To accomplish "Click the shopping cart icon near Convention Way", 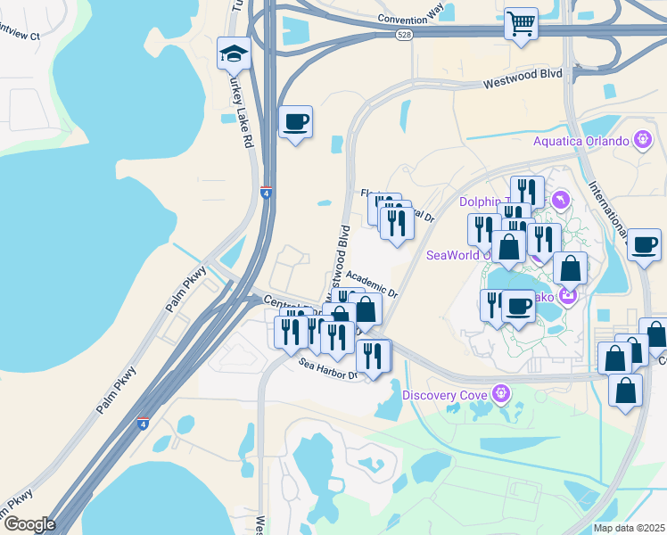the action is coord(521,23).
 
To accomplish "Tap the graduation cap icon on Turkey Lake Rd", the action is coord(234,53).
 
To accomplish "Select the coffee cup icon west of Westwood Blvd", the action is coord(295,121).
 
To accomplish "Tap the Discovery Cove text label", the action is coord(445,395).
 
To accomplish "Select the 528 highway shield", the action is coord(404,33).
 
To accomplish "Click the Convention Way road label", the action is coord(410,18).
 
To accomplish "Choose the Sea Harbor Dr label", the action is coord(327,367).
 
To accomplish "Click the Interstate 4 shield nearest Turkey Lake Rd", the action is coord(266,191).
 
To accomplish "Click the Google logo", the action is coord(29,524).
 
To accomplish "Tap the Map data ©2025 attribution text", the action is coord(629,528).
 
